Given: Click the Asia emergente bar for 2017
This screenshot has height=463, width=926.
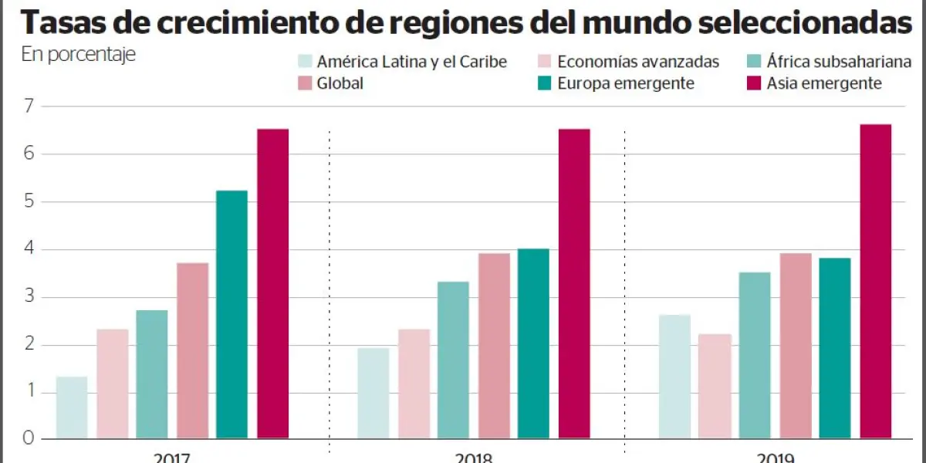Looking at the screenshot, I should tap(272, 284).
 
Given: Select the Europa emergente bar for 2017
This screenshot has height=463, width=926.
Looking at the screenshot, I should tap(232, 315).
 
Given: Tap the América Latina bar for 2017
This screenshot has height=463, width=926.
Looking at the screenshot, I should tap(72, 407).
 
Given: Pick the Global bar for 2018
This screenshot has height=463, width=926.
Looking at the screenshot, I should tap(494, 346).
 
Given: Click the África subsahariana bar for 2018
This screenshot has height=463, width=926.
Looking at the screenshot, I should tap(453, 360).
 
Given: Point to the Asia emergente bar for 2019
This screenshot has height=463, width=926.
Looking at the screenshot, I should tap(875, 282).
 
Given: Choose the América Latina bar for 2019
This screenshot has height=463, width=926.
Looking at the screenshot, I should tap(674, 377).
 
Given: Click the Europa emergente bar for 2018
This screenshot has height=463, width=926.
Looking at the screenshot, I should tap(533, 343).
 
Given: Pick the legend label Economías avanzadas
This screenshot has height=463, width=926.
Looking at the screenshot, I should tap(638, 62).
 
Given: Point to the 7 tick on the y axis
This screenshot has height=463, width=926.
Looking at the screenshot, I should tap(29, 106).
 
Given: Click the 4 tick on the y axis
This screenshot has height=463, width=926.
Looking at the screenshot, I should tap(29, 249).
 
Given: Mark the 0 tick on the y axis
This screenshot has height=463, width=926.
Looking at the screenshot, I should tap(29, 438).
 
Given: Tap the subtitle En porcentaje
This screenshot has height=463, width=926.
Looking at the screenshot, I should tap(78, 55).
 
